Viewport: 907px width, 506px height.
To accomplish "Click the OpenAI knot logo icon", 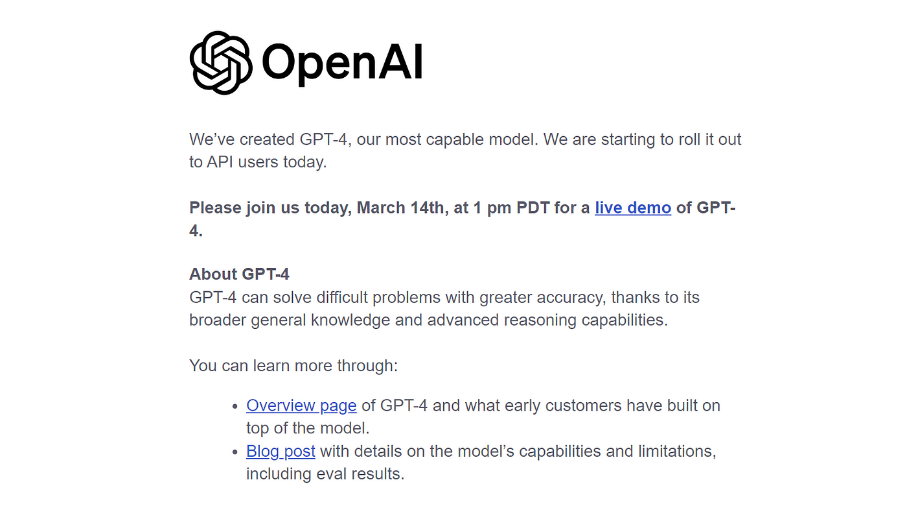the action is point(221,63).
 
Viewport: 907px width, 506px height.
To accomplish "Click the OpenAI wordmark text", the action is point(343,64).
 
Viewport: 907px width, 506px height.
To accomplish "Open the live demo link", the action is point(633,208).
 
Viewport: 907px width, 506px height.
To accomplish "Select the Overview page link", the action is point(301,405).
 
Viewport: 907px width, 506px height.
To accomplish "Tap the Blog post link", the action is point(281,452).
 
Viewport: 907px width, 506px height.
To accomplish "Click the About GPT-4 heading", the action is point(239,274).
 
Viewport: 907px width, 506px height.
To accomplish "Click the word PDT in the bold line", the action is point(533,208).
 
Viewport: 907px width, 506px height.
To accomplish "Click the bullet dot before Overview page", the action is point(235,406).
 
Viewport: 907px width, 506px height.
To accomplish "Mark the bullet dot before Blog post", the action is point(235,452).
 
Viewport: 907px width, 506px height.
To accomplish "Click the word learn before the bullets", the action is point(271,366).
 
